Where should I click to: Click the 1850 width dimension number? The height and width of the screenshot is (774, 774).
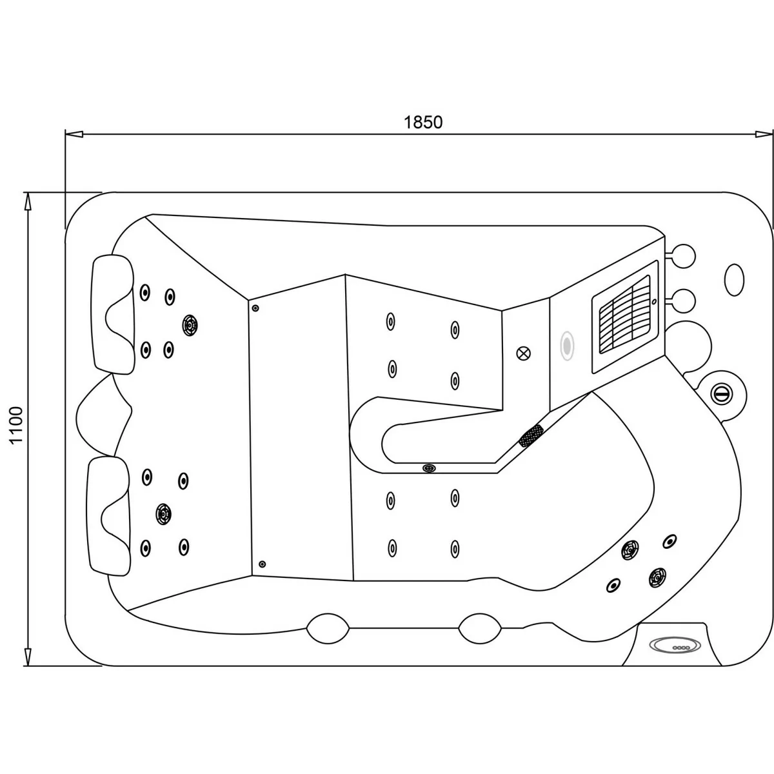(423, 122)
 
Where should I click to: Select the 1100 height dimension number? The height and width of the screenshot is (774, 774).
(17, 425)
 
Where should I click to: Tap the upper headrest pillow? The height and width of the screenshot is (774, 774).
(114, 315)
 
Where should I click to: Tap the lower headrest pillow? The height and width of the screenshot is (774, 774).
(109, 516)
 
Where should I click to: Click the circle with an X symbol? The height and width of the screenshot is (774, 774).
(523, 353)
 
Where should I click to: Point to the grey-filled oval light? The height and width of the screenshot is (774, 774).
(567, 346)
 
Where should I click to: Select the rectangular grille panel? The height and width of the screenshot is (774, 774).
(625, 317)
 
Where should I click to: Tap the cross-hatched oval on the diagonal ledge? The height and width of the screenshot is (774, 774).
(531, 436)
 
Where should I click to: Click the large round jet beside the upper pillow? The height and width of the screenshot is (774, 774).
(190, 325)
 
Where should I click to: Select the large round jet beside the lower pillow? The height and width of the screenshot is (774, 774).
(163, 513)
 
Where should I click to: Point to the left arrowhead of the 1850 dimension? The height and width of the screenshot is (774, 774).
(74, 134)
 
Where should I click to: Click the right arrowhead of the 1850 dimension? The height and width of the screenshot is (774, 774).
(764, 134)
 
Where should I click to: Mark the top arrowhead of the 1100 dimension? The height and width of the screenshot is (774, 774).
(27, 202)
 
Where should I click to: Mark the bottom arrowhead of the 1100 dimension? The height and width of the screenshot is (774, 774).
(27, 657)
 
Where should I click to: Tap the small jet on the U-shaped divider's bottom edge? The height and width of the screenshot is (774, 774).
(429, 468)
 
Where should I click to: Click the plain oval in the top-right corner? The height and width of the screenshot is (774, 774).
(734, 280)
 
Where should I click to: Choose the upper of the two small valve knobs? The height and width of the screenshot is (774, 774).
(682, 255)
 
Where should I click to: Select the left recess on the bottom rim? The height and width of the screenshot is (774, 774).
(328, 629)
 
